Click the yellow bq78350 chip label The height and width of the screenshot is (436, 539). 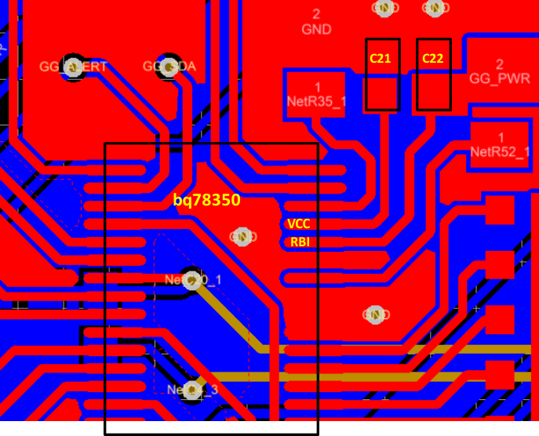[x=206, y=200]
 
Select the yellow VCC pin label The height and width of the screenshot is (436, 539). [x=299, y=224]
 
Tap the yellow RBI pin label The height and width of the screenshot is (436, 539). [x=300, y=242]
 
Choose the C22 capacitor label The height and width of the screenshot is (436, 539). [x=432, y=59]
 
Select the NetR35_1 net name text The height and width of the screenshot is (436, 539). [x=316, y=100]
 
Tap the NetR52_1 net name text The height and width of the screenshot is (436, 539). [x=500, y=151]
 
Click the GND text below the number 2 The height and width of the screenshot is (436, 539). [x=316, y=30]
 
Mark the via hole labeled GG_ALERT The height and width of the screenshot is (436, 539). [x=74, y=66]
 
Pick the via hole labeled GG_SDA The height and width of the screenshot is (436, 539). [x=169, y=66]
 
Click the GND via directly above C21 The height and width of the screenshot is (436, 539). [x=384, y=8]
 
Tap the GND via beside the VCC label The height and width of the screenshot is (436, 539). [x=242, y=235]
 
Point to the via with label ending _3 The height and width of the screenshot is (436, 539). [x=191, y=389]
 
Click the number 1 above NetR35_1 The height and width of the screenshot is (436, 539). [x=317, y=86]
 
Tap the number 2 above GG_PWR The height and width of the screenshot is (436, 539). [x=499, y=64]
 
